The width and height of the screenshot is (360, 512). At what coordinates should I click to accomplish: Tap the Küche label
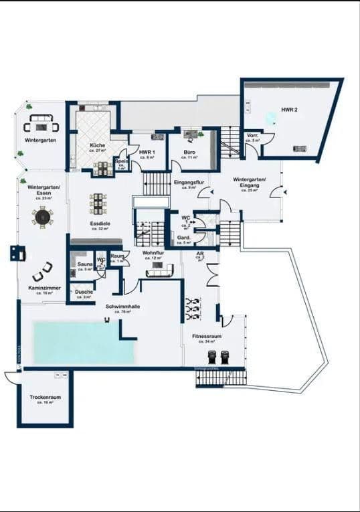pos(98,146)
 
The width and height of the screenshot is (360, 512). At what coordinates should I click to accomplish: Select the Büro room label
pos(189,152)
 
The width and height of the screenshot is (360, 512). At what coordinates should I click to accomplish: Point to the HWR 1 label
pos(147,152)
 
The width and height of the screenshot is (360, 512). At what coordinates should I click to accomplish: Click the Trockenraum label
pos(45,398)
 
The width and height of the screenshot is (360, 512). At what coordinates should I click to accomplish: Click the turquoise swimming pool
pos(75,343)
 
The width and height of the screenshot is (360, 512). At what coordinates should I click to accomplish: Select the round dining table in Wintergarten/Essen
pos(43,217)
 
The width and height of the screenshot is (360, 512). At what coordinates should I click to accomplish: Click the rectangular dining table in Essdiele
pos(98,202)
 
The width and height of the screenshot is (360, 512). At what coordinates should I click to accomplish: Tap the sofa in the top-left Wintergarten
pos(41,126)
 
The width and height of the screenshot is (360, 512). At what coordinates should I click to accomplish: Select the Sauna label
pos(84,265)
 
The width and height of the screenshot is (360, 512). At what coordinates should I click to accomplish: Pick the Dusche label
pos(84,292)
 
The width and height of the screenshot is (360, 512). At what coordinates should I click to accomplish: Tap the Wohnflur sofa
pos(160,270)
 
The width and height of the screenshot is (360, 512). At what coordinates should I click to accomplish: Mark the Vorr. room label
pos(252,137)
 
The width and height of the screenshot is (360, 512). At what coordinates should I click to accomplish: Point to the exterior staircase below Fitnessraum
pos(221,377)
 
